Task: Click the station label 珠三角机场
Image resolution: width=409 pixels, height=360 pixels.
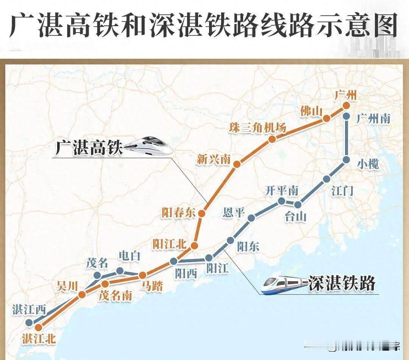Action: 257,128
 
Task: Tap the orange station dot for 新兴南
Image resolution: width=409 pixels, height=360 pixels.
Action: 237,164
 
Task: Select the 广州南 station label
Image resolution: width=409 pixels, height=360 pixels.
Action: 373,119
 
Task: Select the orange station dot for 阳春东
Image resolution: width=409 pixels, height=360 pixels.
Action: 201,214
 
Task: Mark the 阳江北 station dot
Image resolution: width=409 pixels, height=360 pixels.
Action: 194,246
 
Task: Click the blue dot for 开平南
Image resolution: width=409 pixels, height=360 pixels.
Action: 281,201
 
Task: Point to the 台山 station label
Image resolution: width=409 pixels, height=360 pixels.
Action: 295,217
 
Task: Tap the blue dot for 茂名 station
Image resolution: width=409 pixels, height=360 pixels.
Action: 97,275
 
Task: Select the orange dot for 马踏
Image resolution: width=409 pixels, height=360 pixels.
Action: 143,275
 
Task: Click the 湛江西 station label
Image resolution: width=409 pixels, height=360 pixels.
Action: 29,310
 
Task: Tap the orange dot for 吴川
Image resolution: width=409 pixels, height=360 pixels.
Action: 82,294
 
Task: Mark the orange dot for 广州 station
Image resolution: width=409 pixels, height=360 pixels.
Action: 345,106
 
